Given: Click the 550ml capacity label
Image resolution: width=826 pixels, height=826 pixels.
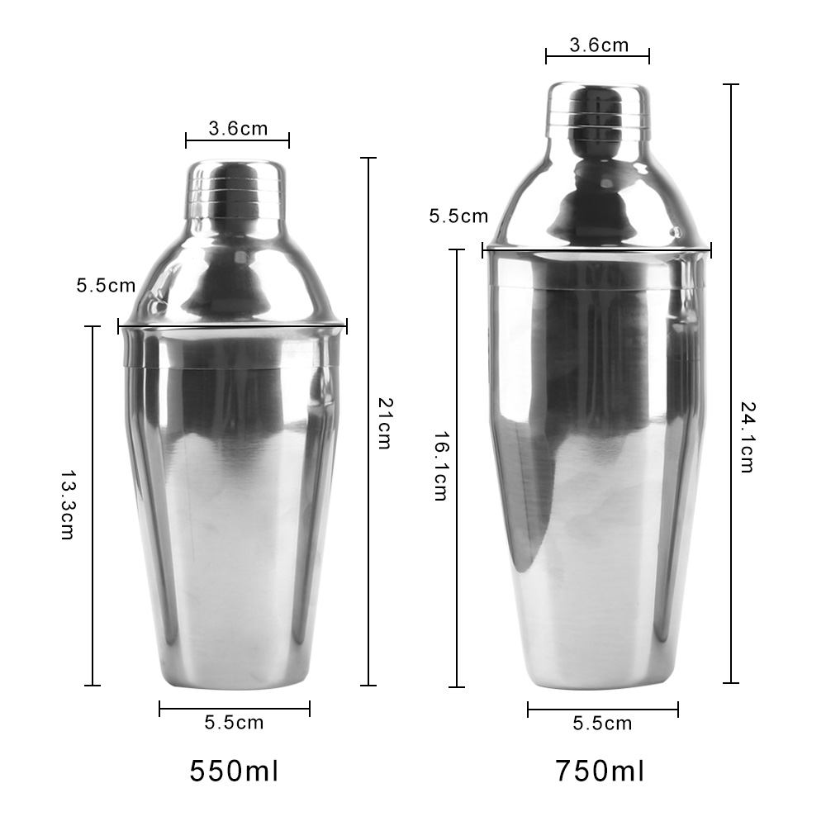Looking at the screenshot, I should (234, 771).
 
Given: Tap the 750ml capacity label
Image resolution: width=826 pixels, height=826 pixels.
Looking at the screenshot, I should (600, 771).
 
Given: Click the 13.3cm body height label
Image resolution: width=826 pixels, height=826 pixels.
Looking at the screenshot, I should (68, 505).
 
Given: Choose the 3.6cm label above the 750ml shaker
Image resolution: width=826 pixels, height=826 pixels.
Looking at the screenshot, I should (599, 45).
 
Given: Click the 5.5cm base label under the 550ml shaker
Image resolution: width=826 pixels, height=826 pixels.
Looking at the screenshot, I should (234, 723).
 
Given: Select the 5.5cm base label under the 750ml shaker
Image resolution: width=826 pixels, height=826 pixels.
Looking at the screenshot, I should (602, 724).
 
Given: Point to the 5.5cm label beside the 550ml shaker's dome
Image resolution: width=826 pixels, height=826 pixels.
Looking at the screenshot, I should (106, 286).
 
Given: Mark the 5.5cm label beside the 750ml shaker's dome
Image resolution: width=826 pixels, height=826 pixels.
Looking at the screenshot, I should (458, 216).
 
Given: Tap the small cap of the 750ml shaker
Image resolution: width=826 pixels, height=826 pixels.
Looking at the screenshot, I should (597, 109).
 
